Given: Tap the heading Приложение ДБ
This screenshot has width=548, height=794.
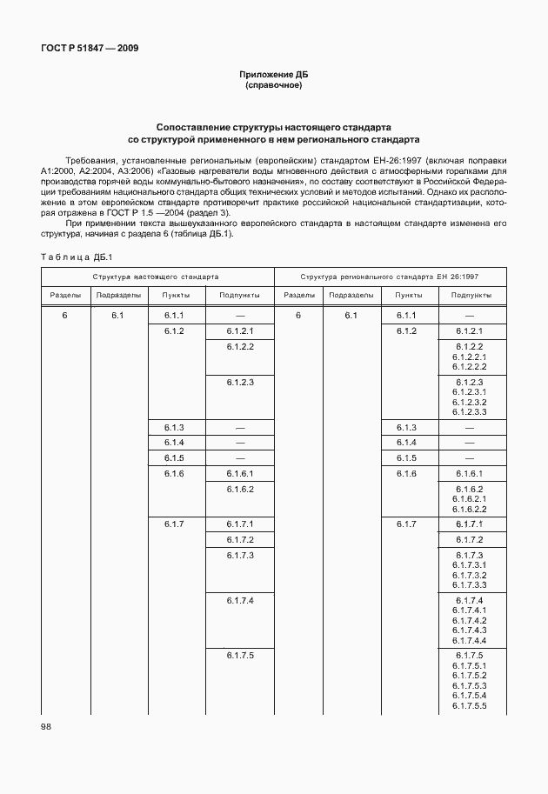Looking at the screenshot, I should [274, 76].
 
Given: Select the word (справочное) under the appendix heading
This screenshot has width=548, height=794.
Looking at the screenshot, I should [274, 86].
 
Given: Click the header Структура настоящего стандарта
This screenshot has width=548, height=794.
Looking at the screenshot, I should [157, 276].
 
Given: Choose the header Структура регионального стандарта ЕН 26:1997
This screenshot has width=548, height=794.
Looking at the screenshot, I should [390, 276].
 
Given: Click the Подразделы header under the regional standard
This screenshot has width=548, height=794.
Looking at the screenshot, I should [351, 296].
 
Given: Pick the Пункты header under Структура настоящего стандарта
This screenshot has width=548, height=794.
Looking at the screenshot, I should [174, 296].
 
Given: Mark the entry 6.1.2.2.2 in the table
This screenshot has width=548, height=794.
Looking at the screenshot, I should [469, 366].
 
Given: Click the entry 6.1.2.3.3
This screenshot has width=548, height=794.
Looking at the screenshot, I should [469, 411].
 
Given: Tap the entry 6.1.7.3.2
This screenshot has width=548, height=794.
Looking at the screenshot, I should [469, 575].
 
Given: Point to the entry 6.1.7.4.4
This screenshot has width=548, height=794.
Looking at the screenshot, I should [469, 639].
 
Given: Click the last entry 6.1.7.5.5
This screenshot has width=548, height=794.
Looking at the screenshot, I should [469, 705].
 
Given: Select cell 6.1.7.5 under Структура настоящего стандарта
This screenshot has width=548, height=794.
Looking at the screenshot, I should [239, 655].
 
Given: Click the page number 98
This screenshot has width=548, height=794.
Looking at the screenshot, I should [46, 726].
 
